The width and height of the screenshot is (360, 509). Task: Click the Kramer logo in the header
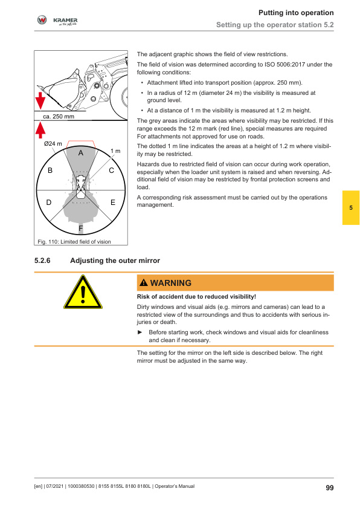tap(57, 21)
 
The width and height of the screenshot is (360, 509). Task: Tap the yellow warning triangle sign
tap(83, 292)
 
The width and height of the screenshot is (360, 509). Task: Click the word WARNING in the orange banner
tap(171, 283)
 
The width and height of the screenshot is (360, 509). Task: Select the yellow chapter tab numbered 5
tap(351, 208)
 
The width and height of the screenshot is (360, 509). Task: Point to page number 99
tap(330, 488)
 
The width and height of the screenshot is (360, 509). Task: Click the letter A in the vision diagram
tap(81, 153)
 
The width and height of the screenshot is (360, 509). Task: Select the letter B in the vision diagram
tap(50, 170)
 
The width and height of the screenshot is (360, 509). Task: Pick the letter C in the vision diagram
tap(112, 170)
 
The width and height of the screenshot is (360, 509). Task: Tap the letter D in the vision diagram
tap(49, 203)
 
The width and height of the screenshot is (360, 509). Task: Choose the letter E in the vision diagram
tap(113, 203)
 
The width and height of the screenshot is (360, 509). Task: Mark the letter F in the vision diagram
tap(81, 229)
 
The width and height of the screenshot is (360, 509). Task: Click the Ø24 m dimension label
tap(53, 143)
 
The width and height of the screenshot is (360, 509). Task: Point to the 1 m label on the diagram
tap(115, 151)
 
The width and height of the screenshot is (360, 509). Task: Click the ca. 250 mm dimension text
tap(59, 117)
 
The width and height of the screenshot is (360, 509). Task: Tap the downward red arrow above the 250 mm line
tap(40, 100)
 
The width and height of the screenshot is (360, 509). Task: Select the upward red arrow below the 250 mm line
tap(40, 129)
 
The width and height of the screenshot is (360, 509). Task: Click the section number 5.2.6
tap(42, 261)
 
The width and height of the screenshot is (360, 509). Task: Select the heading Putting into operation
tap(296, 13)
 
